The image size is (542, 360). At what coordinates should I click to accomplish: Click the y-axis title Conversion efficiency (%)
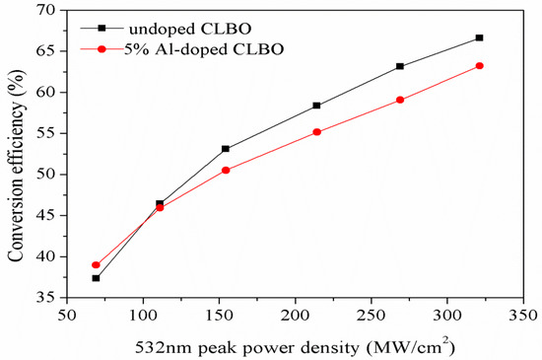click(x=16, y=153)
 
